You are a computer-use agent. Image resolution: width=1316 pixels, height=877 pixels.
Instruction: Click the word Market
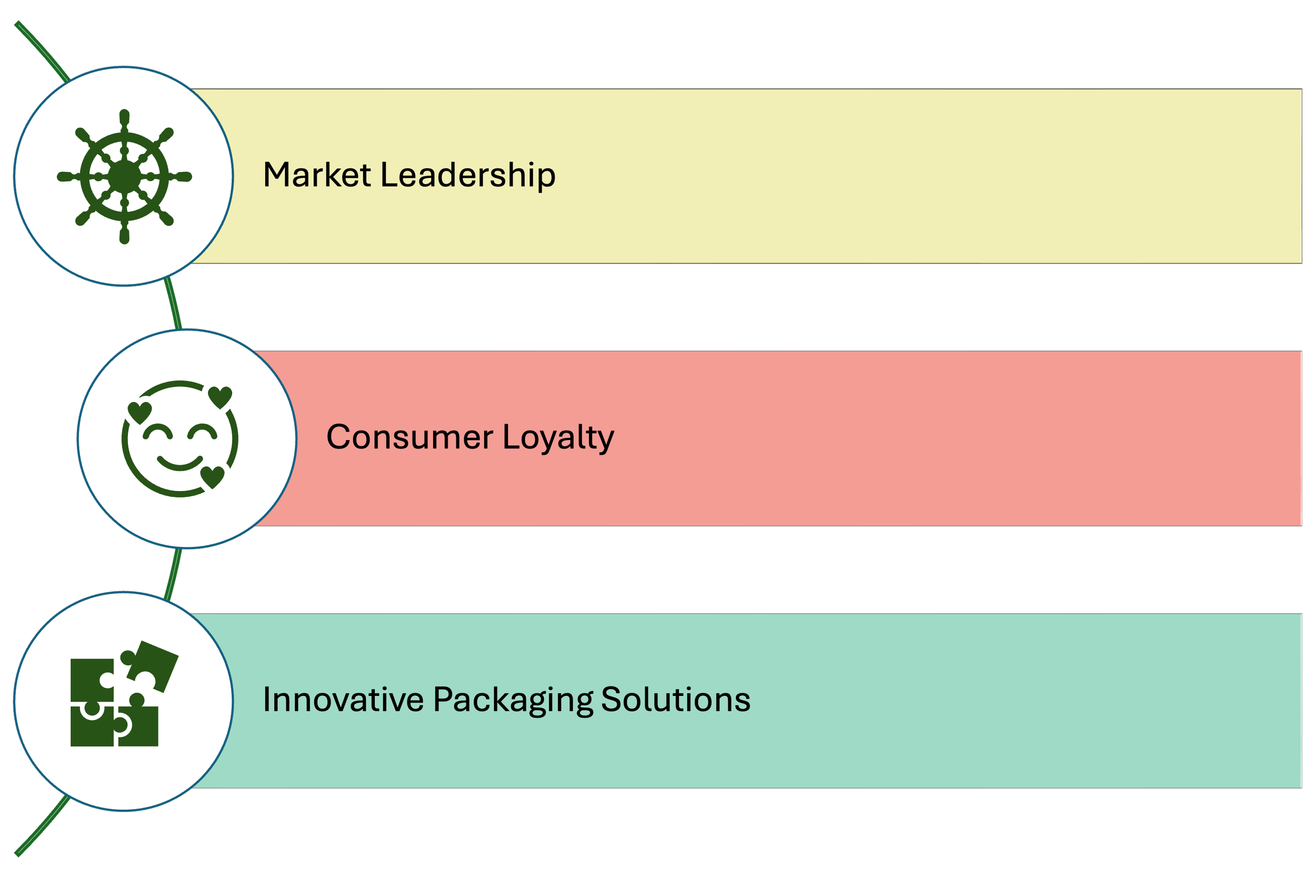point(316,175)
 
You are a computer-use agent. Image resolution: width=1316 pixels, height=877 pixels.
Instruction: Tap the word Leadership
point(467,175)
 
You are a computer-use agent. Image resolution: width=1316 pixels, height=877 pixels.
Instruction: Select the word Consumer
point(410,437)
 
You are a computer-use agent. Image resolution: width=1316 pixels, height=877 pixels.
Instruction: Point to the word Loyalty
point(558,438)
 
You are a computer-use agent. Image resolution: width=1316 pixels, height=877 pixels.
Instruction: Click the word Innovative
point(343,700)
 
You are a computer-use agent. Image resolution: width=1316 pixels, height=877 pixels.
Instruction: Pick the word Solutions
point(675,700)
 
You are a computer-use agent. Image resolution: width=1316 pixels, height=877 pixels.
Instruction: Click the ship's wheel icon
point(124,177)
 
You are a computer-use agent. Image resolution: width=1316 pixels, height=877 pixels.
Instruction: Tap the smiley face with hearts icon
point(180,439)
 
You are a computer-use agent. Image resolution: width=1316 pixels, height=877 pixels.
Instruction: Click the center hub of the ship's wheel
point(124,177)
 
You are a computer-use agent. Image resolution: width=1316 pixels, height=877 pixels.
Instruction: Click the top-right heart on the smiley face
point(220,397)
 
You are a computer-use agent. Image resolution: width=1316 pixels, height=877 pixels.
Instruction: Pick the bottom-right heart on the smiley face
point(213,477)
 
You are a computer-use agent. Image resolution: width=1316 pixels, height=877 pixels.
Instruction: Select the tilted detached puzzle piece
point(151,666)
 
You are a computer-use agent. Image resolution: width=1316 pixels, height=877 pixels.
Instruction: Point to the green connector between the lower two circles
point(173,573)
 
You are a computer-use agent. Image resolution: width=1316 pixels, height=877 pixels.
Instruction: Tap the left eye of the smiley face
point(158,432)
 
